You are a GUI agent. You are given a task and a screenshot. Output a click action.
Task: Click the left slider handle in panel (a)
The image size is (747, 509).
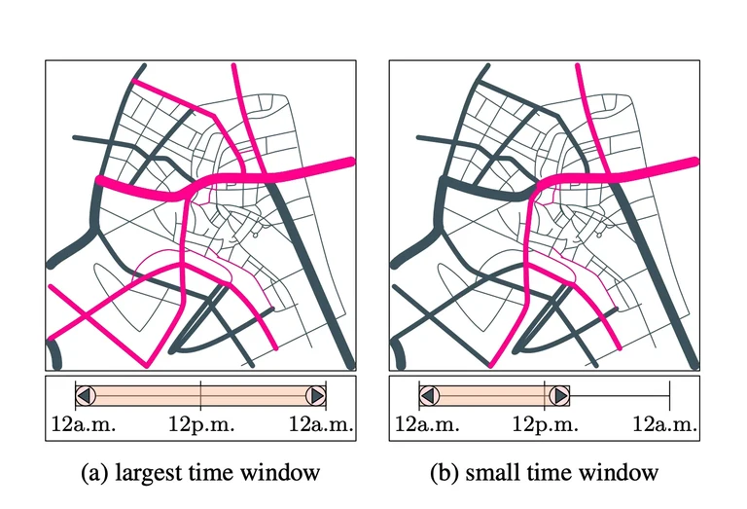tap(85, 395)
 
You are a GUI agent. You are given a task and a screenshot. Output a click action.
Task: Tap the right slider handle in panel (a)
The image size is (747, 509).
tap(315, 395)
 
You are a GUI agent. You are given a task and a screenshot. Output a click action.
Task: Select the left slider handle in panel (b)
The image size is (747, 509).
tap(429, 395)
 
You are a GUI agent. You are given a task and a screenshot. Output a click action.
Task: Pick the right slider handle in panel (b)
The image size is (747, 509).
tap(559, 395)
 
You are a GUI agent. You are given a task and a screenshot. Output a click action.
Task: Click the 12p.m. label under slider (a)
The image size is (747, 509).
tap(199, 425)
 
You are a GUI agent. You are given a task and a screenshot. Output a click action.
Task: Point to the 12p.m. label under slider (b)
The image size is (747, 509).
tap(545, 425)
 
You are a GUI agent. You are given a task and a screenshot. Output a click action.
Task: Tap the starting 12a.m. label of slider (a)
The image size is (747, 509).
tap(81, 425)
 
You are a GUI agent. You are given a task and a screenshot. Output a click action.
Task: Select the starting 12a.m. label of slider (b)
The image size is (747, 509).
tap(425, 425)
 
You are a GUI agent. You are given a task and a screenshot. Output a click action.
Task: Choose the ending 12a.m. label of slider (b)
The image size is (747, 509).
tap(666, 425)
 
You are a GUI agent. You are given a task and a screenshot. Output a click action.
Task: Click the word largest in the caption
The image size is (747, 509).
tap(147, 474)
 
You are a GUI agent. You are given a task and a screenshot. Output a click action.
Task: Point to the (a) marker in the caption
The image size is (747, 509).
tap(94, 474)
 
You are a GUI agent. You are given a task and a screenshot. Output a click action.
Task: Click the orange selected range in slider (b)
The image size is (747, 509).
tap(494, 395)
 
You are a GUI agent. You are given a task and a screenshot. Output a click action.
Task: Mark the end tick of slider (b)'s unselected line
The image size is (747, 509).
tap(669, 395)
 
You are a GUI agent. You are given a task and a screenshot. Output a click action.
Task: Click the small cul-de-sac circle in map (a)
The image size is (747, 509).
tap(251, 235)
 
